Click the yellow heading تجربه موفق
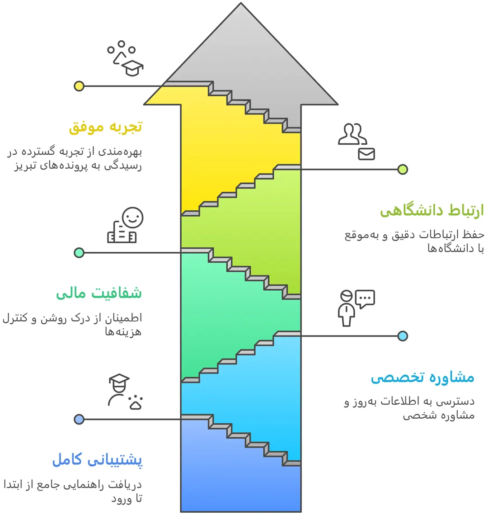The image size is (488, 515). [106, 127]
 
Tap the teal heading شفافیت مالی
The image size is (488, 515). [99, 293]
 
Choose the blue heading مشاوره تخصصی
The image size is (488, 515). [422, 377]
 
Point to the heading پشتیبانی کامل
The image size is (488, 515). [97, 460]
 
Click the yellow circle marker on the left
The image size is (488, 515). [79, 86]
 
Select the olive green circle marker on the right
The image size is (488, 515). [403, 170]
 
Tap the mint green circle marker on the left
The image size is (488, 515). [79, 253]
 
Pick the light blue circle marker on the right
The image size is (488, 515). [403, 336]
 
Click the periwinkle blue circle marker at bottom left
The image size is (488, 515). [79, 420]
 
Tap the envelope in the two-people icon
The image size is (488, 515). [366, 154]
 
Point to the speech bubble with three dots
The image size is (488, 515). [365, 298]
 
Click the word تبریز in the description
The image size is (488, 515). [24, 166]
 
